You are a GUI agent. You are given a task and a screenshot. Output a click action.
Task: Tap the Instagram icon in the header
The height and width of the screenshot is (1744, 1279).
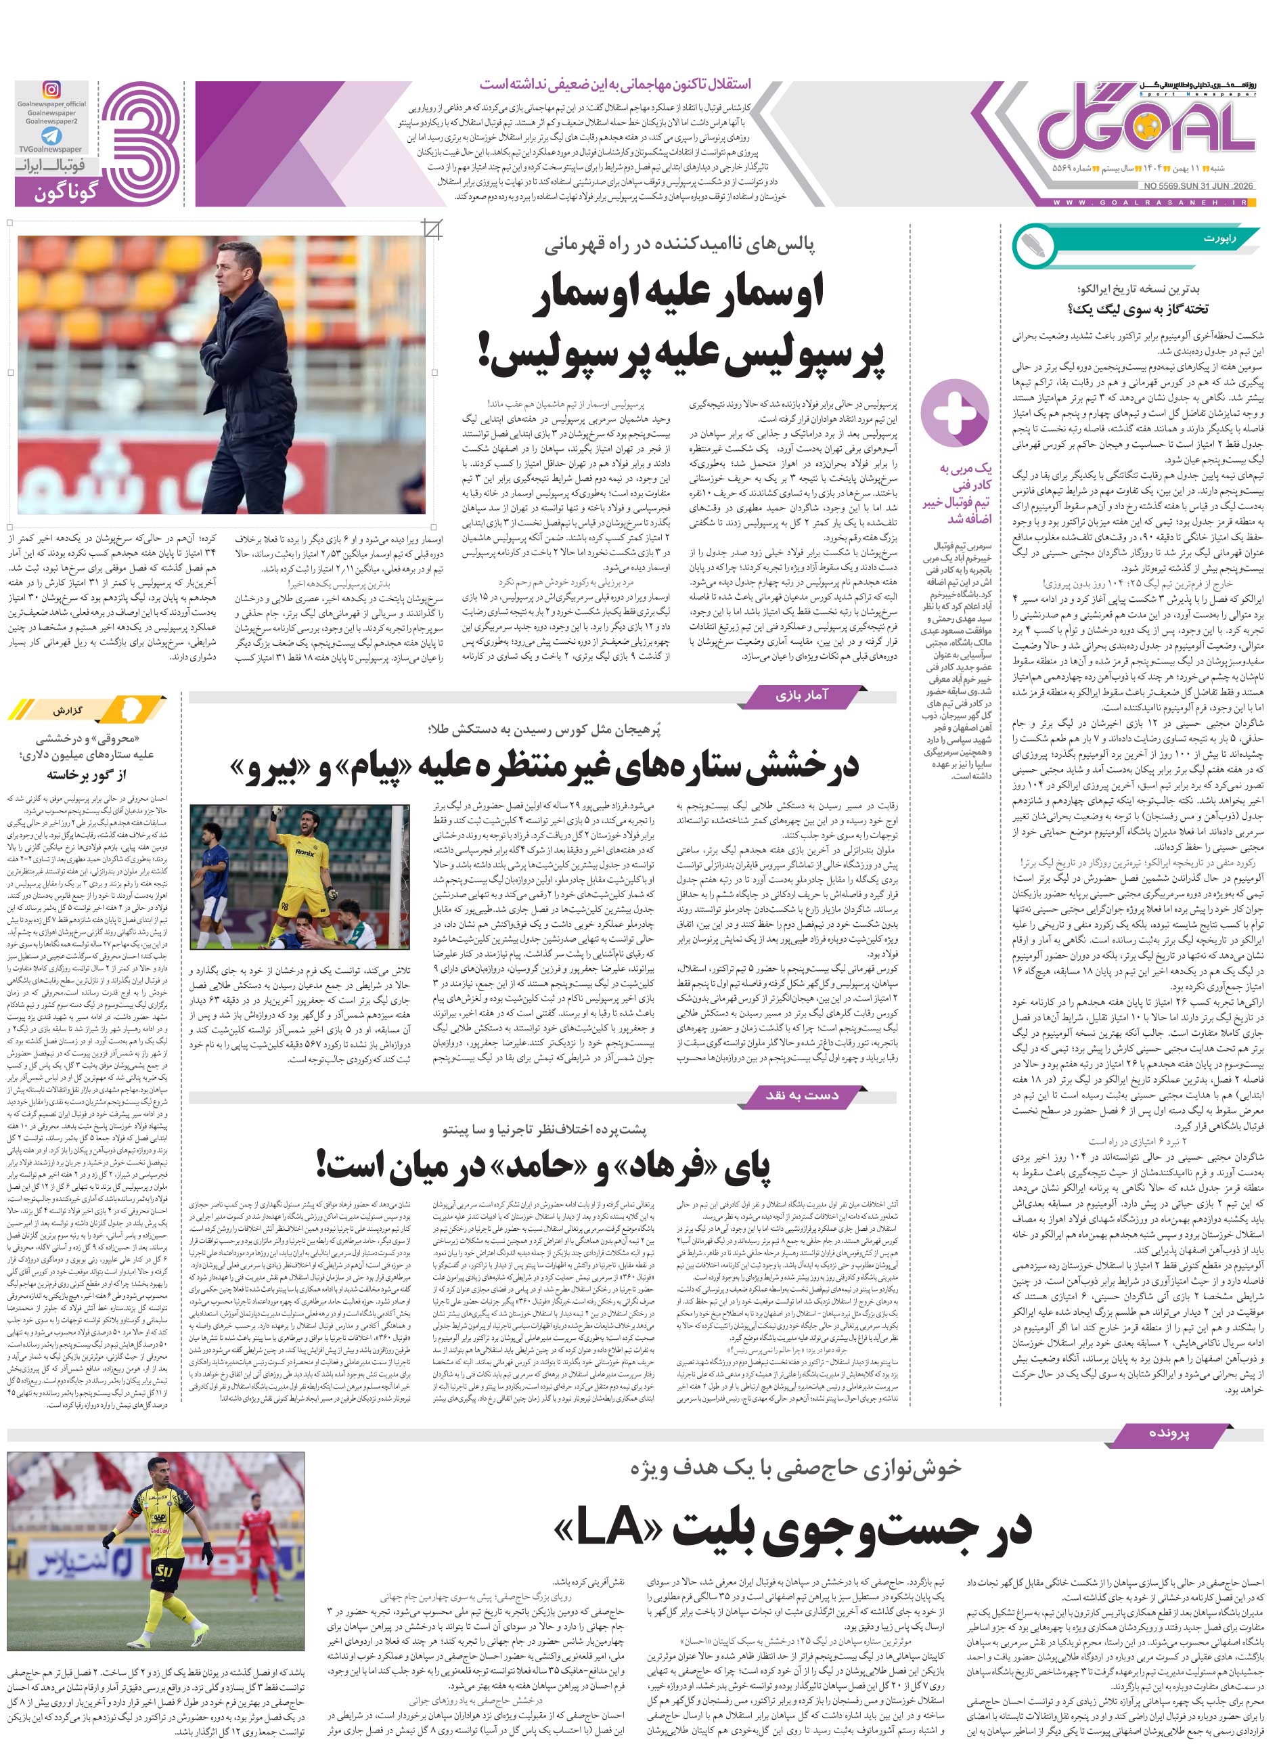pyautogui.click(x=52, y=90)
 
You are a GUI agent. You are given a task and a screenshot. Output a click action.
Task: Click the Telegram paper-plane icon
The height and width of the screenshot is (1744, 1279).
pyautogui.click(x=51, y=135)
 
